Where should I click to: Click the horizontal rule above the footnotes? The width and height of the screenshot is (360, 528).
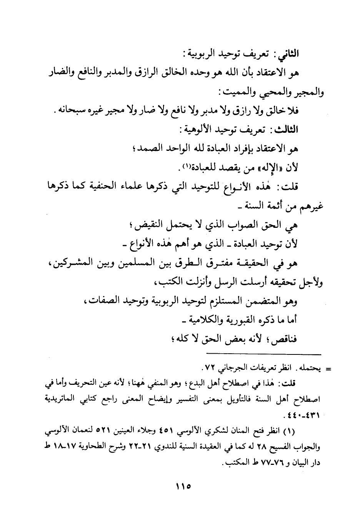263,353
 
